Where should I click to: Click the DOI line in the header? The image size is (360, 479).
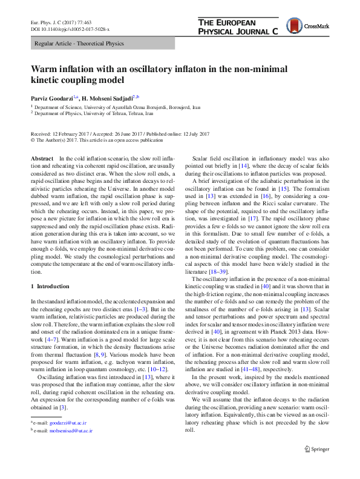72,29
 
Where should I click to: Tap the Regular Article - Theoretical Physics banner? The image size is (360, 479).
79,44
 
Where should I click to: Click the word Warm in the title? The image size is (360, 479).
47,68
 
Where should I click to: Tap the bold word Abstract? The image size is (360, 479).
42,157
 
